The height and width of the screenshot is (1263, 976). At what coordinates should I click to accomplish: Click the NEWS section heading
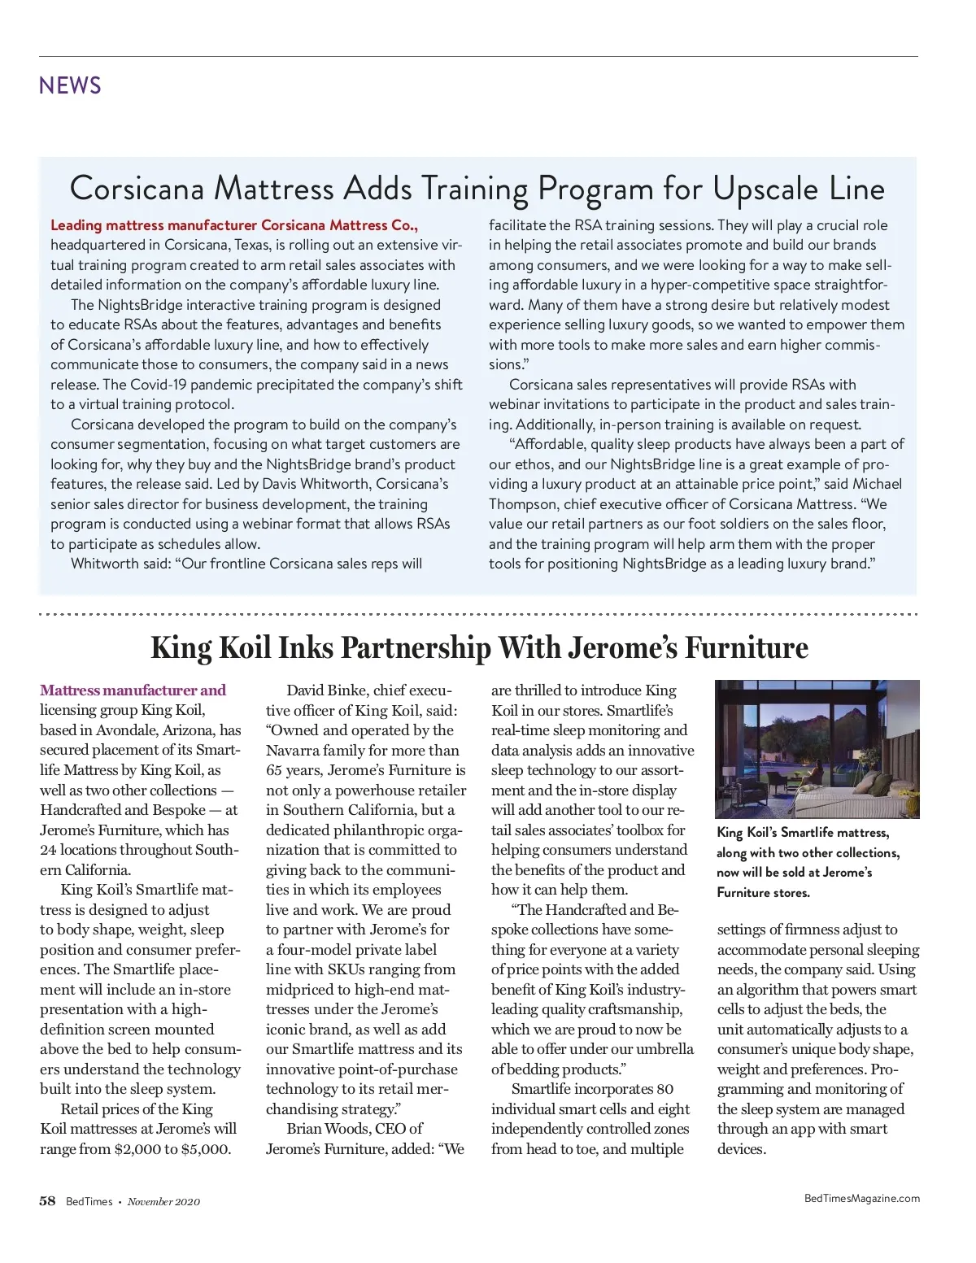click(x=70, y=85)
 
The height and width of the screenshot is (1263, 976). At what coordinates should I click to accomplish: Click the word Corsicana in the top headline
click(x=137, y=189)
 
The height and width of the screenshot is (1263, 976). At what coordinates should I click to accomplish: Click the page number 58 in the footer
click(x=47, y=1201)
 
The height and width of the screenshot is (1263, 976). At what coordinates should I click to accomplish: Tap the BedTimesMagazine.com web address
click(x=861, y=1198)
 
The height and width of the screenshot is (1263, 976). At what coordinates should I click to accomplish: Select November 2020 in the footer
click(x=163, y=1202)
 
